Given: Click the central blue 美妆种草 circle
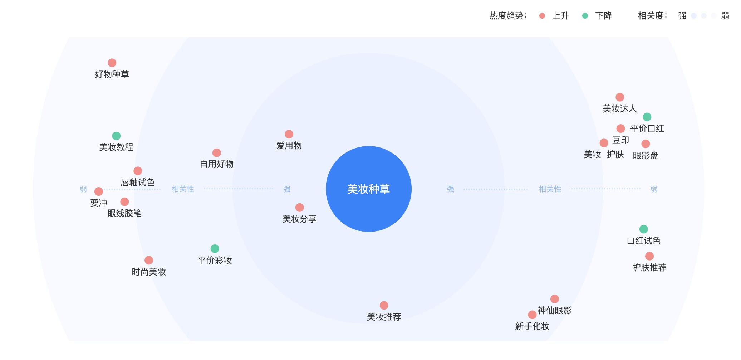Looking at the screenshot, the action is (368, 189).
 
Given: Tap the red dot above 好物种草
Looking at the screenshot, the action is (112, 63).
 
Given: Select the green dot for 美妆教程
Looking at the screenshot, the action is (116, 136).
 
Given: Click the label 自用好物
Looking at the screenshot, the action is (217, 164).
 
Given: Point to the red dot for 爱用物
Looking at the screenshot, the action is (289, 134).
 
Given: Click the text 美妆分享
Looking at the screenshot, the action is (300, 219).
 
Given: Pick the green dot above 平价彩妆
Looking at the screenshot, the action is (215, 249).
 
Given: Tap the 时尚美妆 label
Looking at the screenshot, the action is (149, 272).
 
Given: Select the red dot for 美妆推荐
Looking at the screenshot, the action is (384, 305).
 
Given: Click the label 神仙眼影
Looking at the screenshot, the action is (555, 311).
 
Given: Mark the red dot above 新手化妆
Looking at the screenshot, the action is (532, 315).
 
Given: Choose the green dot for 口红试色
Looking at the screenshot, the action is (643, 229).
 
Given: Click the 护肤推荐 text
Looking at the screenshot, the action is (649, 268).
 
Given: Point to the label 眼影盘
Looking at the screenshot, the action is (646, 156).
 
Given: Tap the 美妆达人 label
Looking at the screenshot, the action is (620, 109).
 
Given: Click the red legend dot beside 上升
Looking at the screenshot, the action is (542, 16).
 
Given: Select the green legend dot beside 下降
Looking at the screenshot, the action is (585, 16).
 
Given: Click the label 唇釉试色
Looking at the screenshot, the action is (138, 183).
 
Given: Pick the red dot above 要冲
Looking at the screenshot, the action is (99, 191).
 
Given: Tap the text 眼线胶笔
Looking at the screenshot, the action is (124, 213).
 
